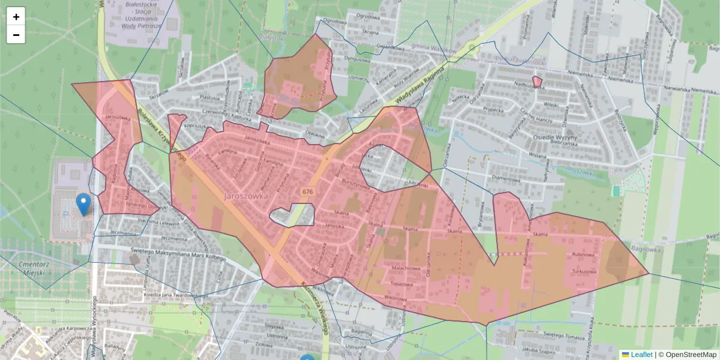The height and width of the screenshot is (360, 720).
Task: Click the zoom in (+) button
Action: (x=16, y=17)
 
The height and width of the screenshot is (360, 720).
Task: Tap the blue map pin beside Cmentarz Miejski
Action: (x=84, y=203)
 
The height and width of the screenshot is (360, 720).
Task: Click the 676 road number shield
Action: (x=308, y=191)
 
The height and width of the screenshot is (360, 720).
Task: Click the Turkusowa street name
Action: (x=584, y=272)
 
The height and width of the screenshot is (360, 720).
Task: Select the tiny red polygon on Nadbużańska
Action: (x=537, y=81)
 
